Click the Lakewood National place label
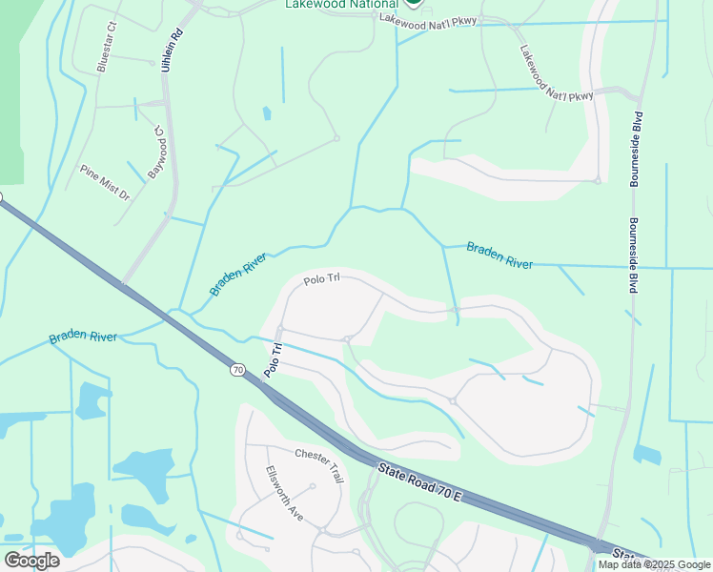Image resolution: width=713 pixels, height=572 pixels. [341, 4]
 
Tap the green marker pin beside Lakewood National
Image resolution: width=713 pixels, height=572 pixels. [413, 3]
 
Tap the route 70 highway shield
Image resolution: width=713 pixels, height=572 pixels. [235, 367]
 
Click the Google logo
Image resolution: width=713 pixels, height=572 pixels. [31, 561]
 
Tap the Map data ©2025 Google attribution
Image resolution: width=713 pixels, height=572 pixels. [654, 564]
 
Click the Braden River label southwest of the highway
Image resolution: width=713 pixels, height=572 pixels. [83, 337]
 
